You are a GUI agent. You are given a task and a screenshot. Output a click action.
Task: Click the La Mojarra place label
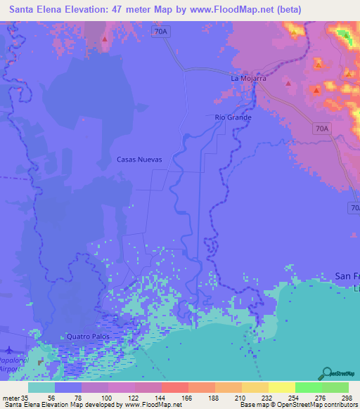tap(249, 79)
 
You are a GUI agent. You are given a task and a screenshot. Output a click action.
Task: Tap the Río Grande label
tap(233, 117)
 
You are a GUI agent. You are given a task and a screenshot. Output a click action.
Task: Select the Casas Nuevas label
tap(139, 160)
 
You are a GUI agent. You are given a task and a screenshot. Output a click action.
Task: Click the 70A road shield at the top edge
tap(161, 32)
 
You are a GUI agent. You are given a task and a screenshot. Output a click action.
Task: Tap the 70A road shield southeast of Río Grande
tap(321, 128)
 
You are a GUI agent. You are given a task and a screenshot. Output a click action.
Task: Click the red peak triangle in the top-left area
tap(105, 39)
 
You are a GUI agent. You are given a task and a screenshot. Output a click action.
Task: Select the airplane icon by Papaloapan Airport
tap(8, 349)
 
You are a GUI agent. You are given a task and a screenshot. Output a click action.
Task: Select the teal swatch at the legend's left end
tap(41, 387)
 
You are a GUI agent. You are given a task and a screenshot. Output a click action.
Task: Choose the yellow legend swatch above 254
tap(281, 387)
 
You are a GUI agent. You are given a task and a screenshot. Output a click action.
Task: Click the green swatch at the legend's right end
tap(335, 387)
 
